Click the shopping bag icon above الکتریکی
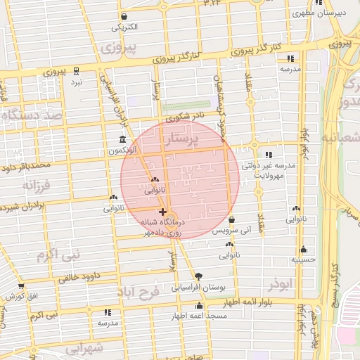124,17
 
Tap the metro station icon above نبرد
76,70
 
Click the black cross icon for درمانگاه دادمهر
163,211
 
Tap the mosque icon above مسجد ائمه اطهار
200,305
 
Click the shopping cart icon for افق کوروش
20,286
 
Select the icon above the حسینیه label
303,249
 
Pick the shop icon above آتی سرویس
231,219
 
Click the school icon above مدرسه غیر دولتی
268,155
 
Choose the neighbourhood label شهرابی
87,347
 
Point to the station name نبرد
76,82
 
